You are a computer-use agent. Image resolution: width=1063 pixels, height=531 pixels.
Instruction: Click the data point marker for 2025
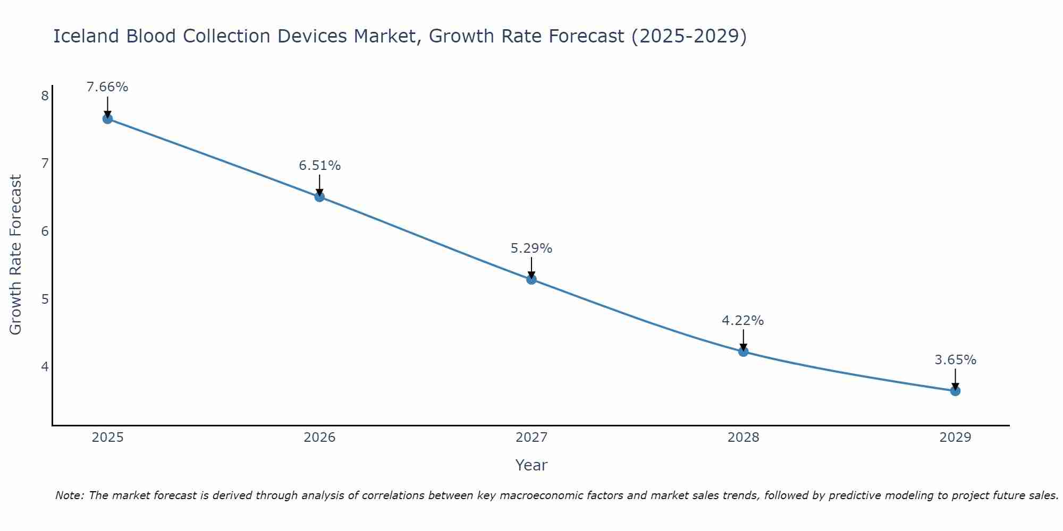click(x=107, y=119)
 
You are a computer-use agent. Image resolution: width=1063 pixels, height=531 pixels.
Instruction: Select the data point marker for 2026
click(x=319, y=197)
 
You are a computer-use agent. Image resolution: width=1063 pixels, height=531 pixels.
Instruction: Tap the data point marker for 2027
click(x=531, y=279)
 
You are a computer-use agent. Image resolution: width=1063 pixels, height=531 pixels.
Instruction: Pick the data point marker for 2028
click(x=743, y=352)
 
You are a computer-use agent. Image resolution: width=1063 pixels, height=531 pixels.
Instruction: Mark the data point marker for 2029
click(x=955, y=391)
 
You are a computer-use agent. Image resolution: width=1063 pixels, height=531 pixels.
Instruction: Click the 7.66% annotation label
click(x=107, y=87)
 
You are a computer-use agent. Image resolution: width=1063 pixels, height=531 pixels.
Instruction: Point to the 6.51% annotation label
click(x=319, y=166)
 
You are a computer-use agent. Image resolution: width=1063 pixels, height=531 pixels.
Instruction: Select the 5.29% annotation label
click(x=531, y=249)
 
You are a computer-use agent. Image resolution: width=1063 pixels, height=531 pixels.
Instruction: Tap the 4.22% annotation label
click(x=743, y=321)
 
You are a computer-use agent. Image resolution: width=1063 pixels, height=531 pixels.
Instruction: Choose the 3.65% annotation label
click(x=955, y=360)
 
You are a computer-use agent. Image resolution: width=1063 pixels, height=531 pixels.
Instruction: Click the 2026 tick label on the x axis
click(x=319, y=438)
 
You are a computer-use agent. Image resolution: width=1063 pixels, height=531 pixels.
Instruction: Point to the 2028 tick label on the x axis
click(x=743, y=438)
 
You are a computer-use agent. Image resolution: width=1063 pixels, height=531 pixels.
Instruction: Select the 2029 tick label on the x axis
click(x=955, y=438)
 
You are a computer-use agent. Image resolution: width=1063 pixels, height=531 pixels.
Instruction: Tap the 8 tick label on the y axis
click(x=45, y=96)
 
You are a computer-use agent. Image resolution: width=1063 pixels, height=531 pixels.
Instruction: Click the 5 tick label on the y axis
click(x=45, y=299)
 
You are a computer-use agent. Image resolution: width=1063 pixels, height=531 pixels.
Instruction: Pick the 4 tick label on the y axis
click(x=45, y=367)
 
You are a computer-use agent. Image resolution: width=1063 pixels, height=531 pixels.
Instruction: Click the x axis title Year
click(x=531, y=465)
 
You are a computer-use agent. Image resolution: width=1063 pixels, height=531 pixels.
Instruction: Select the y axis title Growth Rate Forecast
click(x=16, y=255)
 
